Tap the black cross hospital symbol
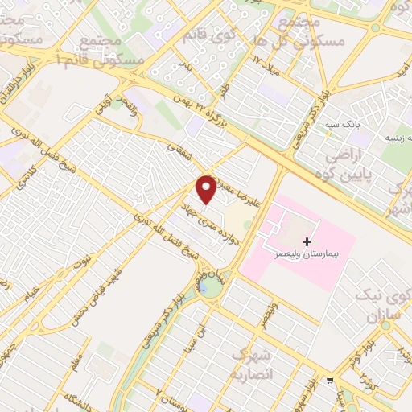coord(306,241)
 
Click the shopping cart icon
coord(329,381)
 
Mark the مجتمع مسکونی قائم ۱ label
coord(113,51)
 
